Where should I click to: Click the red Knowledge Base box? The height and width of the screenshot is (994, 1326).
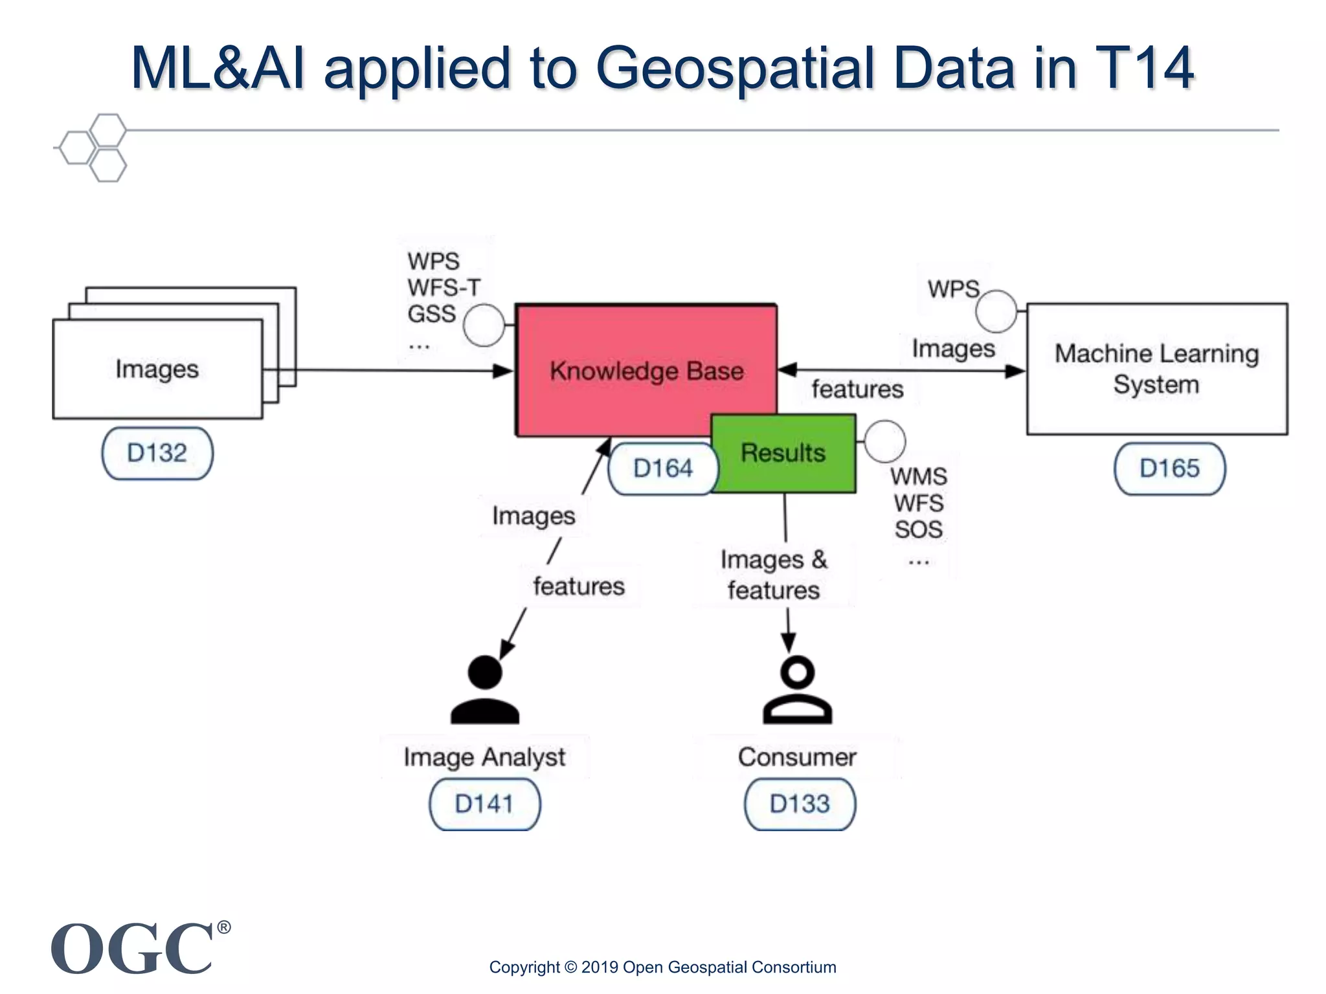click(646, 362)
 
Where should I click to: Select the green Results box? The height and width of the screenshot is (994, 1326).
click(783, 453)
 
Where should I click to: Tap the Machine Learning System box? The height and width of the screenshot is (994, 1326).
click(1156, 369)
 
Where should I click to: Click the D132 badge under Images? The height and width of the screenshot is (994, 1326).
click(157, 453)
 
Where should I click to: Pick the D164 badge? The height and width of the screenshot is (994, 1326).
click(663, 469)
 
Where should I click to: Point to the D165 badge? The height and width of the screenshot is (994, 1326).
click(1169, 469)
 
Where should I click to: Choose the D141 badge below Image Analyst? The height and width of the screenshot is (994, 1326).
click(484, 804)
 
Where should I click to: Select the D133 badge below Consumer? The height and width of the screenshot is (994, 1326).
click(800, 804)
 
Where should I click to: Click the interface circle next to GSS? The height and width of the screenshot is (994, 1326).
click(484, 325)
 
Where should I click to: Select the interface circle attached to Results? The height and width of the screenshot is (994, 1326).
click(884, 441)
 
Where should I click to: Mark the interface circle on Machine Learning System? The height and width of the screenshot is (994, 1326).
click(996, 311)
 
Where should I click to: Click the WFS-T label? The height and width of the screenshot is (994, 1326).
click(444, 287)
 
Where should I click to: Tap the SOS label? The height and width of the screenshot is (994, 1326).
click(918, 529)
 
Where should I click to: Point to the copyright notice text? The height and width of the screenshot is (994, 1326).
click(662, 967)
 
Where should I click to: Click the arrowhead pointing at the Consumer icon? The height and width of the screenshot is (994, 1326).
click(788, 643)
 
